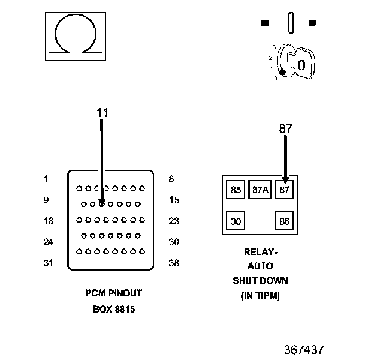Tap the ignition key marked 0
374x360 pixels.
301,64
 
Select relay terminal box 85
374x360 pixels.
236,190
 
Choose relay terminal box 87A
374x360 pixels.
260,190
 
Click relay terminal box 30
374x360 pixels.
236,221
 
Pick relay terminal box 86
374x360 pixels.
284,221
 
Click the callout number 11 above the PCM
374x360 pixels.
102,113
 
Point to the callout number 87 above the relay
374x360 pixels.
285,128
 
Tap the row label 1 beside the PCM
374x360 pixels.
46,179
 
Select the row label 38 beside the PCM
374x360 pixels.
174,263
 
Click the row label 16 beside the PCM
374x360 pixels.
49,221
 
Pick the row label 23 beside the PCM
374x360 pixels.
174,221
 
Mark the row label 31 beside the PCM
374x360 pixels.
48,263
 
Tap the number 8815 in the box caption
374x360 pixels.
125,309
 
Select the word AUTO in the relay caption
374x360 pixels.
260,266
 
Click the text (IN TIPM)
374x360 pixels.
260,296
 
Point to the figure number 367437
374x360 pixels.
304,350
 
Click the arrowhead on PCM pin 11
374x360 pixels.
102,203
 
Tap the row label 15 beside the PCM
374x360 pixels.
174,200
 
